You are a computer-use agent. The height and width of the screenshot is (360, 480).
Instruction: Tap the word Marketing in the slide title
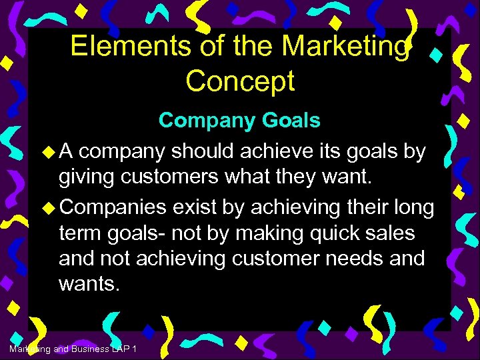344,46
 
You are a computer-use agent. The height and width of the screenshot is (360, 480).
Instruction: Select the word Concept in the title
240,81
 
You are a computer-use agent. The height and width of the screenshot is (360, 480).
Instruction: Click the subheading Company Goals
239,121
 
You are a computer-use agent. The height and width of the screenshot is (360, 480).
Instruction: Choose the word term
84,233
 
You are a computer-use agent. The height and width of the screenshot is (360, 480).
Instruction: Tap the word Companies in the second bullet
113,207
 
